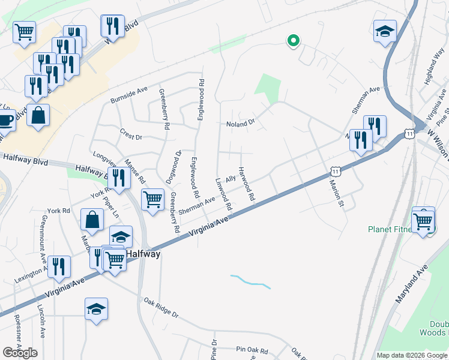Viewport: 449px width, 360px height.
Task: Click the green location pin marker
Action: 294,41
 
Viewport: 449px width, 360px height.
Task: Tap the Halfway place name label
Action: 143,254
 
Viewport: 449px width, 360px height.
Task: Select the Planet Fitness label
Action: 391,229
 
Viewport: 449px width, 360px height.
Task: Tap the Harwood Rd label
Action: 246,184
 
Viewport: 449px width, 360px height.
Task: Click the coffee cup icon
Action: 5,120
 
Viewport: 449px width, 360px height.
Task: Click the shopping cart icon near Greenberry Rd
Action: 152,199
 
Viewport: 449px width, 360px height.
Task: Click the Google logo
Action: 20,353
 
